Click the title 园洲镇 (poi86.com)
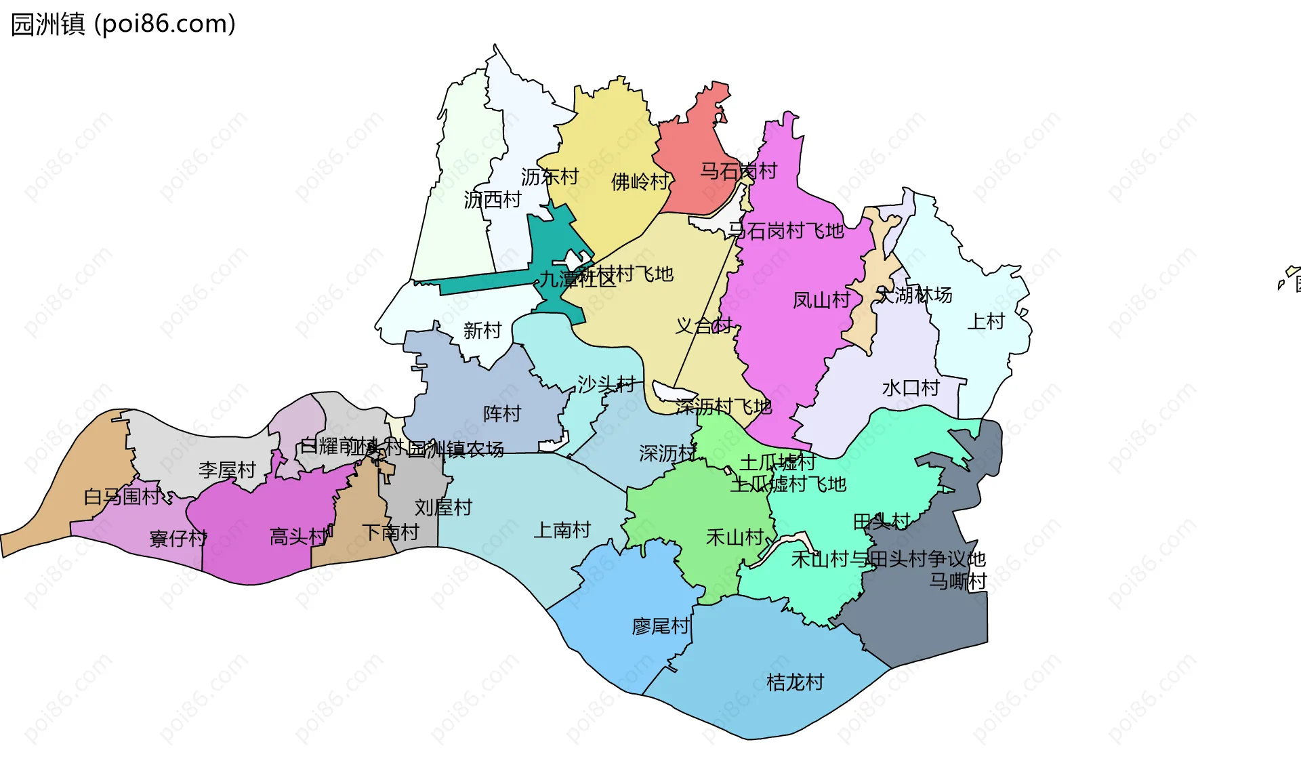coord(123,24)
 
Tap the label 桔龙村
coord(795,682)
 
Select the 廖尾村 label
coord(661,626)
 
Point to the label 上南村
coord(562,530)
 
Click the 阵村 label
coord(502,413)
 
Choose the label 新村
coord(482,331)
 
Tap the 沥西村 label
coord(493,200)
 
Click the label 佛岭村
coord(640,182)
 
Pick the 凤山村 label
coord(821,300)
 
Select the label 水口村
coord(911,388)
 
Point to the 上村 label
coord(985,321)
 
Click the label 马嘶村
coord(957,581)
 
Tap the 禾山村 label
coord(735,538)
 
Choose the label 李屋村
coord(227,470)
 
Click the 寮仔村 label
coord(178,539)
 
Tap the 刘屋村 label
coord(443,508)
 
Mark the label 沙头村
coord(606,385)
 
